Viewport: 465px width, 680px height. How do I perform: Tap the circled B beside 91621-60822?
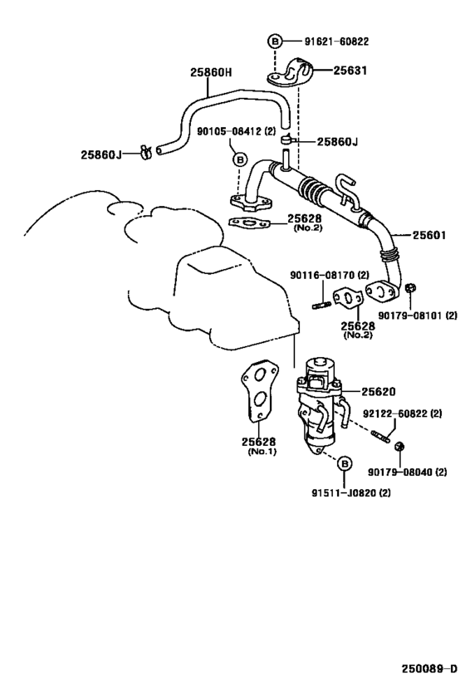coord(275,40)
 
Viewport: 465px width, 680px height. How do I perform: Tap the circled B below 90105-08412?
coord(238,159)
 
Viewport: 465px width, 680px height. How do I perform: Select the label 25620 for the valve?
coord(378,391)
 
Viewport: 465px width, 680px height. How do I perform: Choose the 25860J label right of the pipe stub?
coord(336,142)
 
